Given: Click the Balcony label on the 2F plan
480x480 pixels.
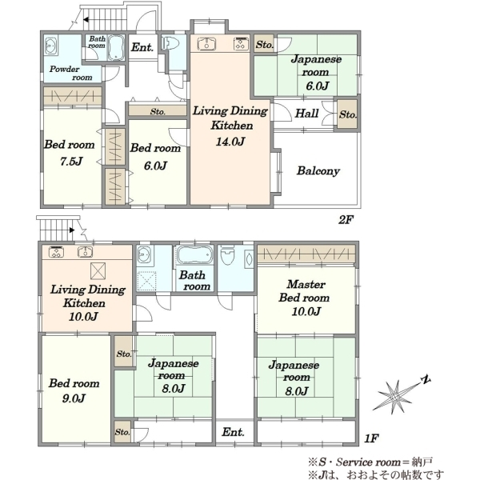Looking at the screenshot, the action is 318,171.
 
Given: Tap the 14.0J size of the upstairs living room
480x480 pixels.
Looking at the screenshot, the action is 230,142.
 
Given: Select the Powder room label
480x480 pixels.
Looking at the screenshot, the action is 70,73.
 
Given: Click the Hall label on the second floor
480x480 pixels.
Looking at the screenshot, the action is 306,114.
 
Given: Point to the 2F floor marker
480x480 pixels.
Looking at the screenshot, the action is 346,220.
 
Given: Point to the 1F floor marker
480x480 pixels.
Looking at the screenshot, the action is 372,438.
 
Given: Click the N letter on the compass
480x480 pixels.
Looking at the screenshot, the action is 426,380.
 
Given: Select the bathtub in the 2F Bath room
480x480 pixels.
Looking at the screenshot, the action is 116,48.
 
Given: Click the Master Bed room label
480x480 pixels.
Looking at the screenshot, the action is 304,291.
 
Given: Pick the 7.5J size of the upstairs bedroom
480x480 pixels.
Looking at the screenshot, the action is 71,161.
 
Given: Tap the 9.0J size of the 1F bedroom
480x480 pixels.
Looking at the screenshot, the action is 74,398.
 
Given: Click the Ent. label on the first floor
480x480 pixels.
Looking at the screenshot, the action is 234,432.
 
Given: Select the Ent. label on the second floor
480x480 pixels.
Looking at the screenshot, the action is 142,47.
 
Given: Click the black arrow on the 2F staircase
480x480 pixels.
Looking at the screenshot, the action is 86,20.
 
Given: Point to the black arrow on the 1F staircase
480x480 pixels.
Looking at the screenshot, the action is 72,230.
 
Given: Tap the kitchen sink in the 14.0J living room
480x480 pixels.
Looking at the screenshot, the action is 206,43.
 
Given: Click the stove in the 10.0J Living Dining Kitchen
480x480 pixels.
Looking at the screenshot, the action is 56,252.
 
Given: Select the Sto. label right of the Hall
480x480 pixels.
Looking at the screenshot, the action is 347,114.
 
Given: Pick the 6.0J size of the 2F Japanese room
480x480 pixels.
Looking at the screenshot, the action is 318,86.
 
